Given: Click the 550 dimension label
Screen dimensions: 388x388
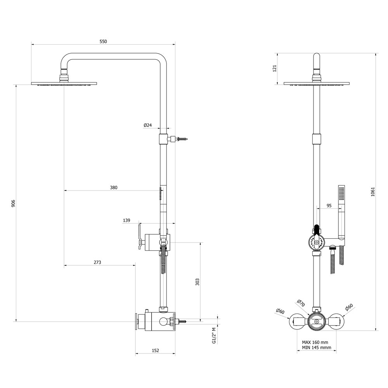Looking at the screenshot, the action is tap(103, 42).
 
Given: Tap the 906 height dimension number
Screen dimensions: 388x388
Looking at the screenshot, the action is tap(13, 203).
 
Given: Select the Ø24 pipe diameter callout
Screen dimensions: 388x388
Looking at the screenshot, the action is tap(147, 125).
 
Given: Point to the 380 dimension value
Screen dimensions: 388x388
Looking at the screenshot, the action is tap(114, 187).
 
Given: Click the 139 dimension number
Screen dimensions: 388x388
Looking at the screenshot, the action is tap(126, 220).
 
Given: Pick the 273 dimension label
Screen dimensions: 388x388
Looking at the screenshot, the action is tap(97, 262).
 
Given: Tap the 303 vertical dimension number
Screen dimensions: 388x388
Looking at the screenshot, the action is tap(197, 282).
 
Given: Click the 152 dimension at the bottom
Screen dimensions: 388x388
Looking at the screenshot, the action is tap(155, 350).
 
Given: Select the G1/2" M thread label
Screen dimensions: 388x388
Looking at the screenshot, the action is tap(214, 335).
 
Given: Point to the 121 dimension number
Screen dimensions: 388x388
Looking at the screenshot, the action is tap(274, 69).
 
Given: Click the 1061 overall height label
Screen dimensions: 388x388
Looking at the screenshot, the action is tap(373, 192).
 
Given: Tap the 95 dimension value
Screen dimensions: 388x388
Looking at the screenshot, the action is tap(329, 206).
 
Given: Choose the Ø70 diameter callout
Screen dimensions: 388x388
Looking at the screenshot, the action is tap(301, 303).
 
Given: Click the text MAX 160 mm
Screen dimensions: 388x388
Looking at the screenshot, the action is tap(315, 343).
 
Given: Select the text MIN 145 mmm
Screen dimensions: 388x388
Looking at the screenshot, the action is tap(317, 347).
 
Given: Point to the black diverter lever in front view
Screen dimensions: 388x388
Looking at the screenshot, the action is tap(317, 230).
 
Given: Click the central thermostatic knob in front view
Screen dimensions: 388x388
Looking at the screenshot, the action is tap(317, 322).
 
